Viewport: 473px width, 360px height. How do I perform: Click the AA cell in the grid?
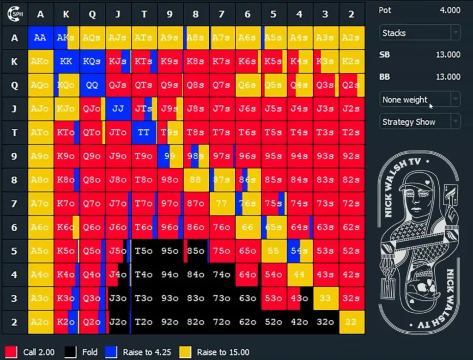pyautogui.click(x=41, y=38)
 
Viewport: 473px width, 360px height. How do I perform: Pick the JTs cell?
pyautogui.click(x=144, y=109)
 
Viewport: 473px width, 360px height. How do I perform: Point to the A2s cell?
pyautogui.click(x=351, y=38)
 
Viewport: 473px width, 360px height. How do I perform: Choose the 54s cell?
pyautogui.click(x=299, y=251)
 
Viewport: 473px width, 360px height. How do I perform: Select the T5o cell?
pyautogui.click(x=144, y=251)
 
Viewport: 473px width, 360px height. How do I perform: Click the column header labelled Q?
pyautogui.click(x=92, y=14)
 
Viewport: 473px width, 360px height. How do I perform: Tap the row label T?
pyautogui.click(x=14, y=133)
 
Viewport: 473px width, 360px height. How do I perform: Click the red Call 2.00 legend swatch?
pyautogui.click(x=11, y=352)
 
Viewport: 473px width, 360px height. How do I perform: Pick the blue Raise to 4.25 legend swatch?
pyautogui.click(x=111, y=352)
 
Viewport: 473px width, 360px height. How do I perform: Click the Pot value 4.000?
pyautogui.click(x=449, y=10)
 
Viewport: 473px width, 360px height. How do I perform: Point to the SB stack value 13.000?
pyautogui.click(x=448, y=55)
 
